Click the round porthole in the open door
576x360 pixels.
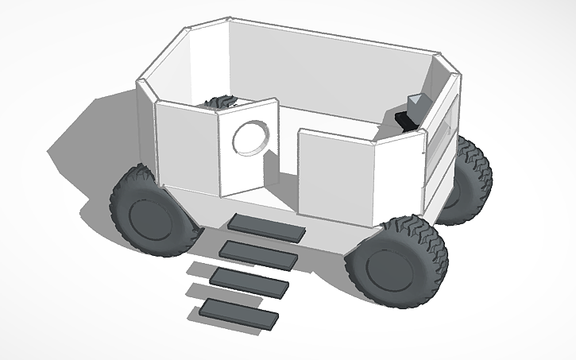click(x=250, y=139)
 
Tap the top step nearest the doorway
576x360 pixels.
click(x=265, y=227)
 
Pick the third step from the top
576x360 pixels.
click(x=248, y=281)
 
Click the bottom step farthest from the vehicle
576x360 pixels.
click(x=239, y=312)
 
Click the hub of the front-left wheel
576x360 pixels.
click(x=149, y=220)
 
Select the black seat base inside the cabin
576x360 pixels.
click(x=405, y=120)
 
